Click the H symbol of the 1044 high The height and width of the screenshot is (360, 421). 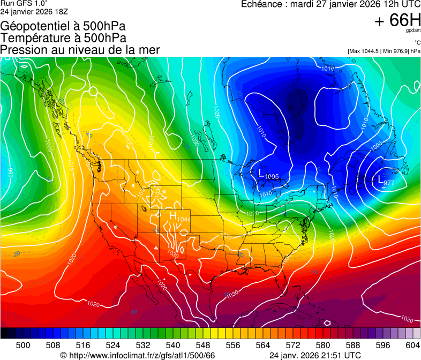[x=173, y=215]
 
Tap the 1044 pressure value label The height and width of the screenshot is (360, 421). [x=183, y=219]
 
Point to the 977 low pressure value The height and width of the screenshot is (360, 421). [x=389, y=183]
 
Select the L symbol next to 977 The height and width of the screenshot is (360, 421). [x=381, y=179]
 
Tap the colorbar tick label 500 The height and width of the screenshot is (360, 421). [x=23, y=344]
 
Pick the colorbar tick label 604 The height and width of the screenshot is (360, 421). [x=413, y=344]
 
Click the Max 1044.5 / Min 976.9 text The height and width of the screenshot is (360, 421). [x=384, y=51]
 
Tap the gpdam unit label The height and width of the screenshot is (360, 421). [x=413, y=31]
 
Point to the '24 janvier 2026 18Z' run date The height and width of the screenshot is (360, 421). [x=34, y=11]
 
